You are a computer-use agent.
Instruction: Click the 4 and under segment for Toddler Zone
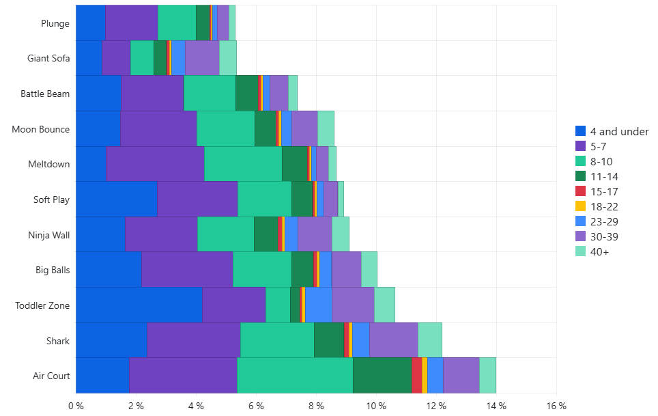point(139,305)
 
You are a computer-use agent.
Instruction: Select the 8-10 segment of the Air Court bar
point(295,375)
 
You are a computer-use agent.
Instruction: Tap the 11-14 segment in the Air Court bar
point(382,375)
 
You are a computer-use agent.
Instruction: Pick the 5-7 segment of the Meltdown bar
point(155,164)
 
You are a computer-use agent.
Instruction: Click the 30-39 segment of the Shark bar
point(393,340)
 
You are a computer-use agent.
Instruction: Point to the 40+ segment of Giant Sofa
point(228,57)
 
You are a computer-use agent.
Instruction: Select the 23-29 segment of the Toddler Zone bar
point(319,305)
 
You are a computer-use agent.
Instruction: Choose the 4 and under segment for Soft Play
point(116,199)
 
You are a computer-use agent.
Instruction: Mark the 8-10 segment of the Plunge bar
point(177,23)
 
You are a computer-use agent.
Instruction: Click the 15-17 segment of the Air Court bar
point(417,375)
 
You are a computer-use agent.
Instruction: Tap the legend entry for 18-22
point(609,206)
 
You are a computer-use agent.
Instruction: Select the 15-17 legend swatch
point(581,191)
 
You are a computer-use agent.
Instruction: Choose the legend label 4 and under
point(619,131)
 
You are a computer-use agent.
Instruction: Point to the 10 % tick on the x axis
point(376,406)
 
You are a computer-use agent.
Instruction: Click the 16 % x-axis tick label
point(556,406)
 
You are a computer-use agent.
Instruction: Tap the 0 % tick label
point(76,406)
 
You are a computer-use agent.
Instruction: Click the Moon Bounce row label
point(41,128)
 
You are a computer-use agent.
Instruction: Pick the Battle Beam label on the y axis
point(45,94)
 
